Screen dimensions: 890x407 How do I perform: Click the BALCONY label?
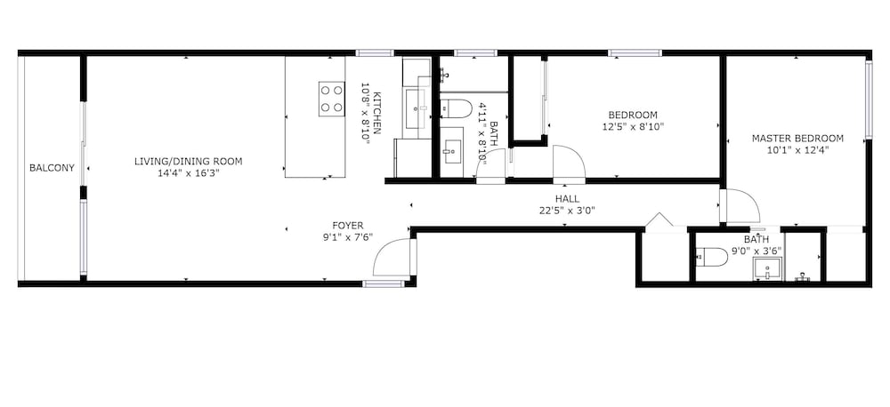(52, 168)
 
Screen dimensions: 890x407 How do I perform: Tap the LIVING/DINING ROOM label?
(189, 162)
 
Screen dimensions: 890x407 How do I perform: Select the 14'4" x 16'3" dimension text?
(189, 173)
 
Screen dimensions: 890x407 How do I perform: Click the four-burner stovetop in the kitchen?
(331, 100)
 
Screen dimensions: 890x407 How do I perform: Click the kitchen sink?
(417, 108)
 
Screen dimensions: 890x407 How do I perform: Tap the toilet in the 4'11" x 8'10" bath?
(457, 108)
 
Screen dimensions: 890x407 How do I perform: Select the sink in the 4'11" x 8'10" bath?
(452, 151)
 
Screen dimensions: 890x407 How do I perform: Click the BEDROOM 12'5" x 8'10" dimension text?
(633, 127)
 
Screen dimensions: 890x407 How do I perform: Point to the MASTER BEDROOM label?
(797, 139)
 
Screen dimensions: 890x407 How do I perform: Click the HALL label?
(568, 199)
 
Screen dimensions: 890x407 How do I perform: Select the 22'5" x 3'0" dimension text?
(568, 211)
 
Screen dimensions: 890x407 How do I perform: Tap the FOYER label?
(348, 226)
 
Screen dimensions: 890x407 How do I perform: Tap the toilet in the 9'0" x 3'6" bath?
(711, 257)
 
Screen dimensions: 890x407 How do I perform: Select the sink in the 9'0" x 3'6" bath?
(767, 268)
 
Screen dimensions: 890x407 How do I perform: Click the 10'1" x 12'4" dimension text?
(797, 150)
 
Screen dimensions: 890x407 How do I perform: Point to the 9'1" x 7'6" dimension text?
(348, 237)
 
